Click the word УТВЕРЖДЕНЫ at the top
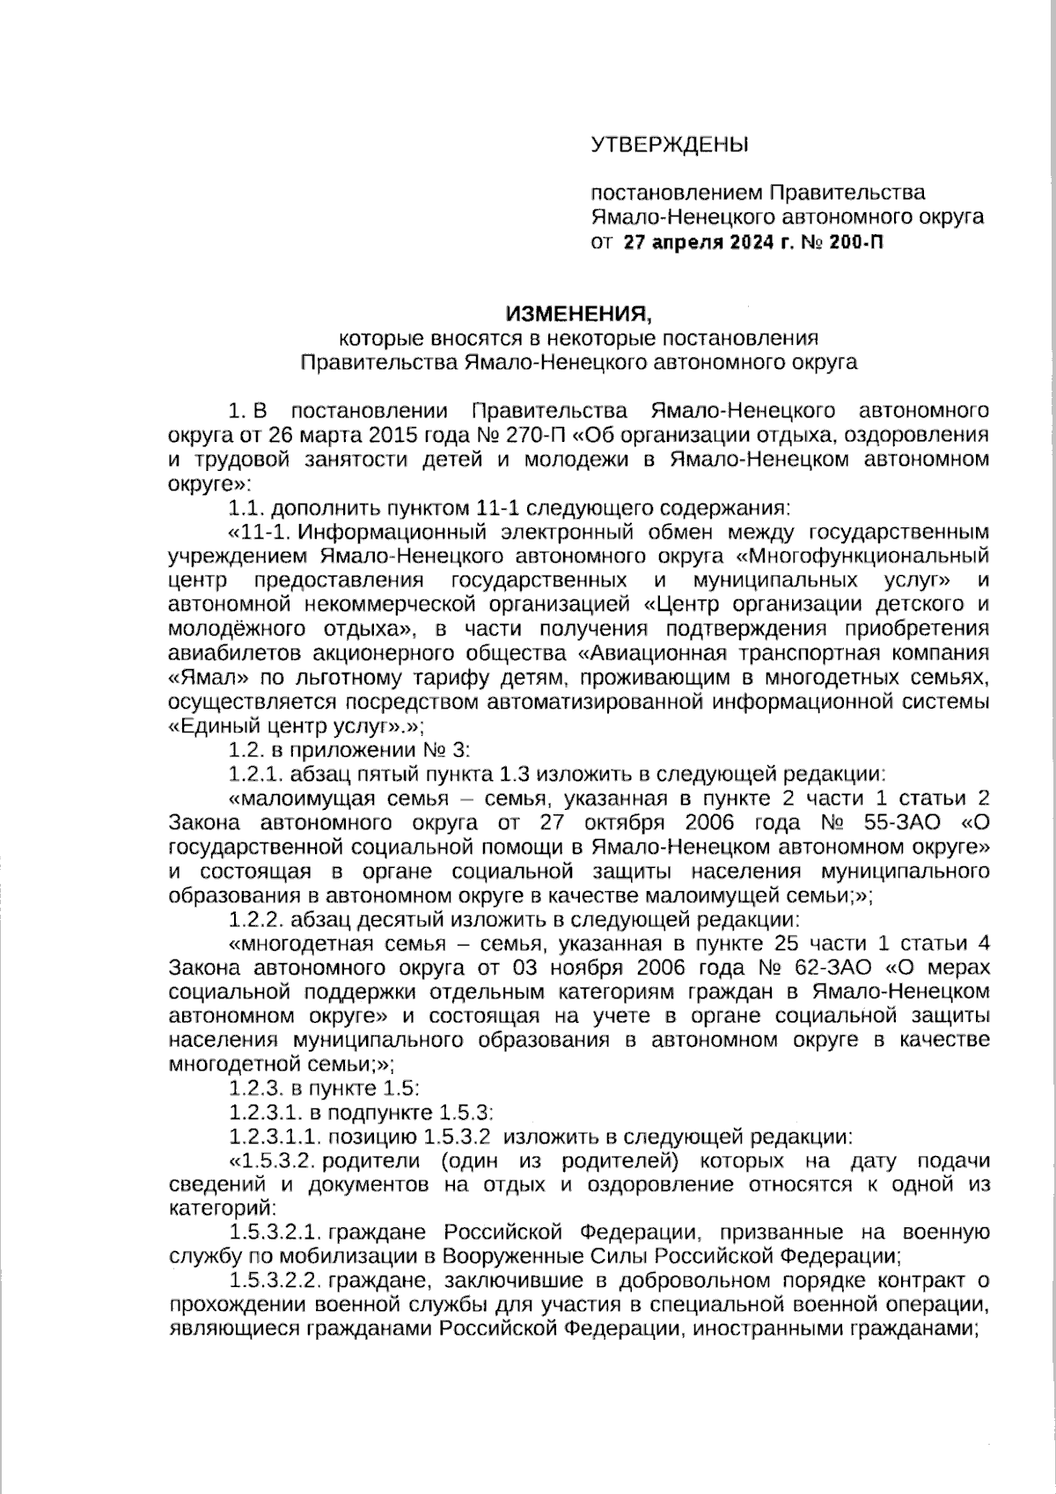click(x=669, y=144)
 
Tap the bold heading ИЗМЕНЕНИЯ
click(x=578, y=313)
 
